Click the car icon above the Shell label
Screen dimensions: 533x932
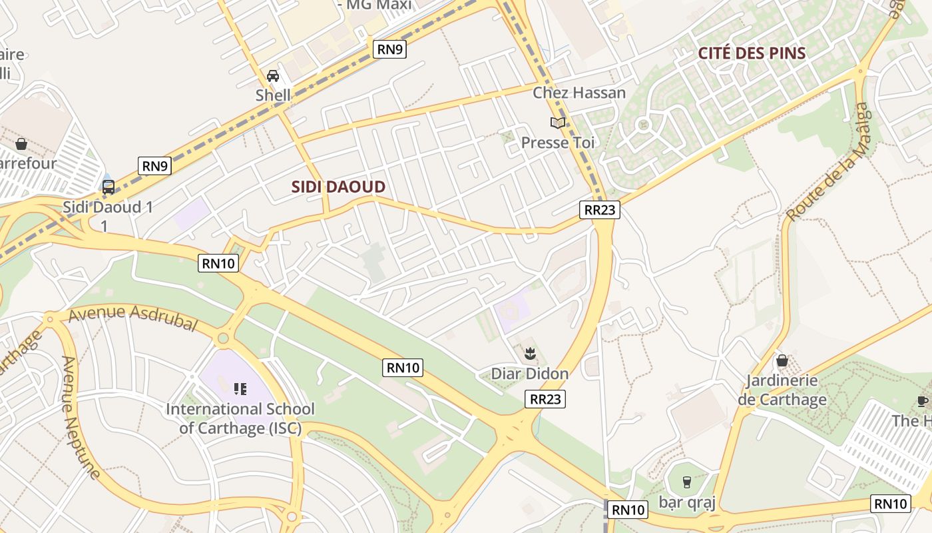coord(273,75)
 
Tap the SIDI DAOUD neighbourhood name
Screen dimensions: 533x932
coord(338,187)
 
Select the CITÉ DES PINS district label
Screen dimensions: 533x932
coord(752,53)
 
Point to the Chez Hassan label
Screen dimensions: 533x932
coord(579,93)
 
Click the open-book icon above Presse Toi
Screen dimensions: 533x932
coord(557,123)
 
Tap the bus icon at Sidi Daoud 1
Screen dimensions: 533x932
coord(108,187)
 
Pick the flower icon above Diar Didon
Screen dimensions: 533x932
coord(530,353)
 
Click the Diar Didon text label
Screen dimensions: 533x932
coord(530,374)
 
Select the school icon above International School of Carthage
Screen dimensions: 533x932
coord(240,388)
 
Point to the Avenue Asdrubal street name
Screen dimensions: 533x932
coord(133,318)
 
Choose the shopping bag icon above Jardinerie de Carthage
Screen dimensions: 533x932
coord(782,360)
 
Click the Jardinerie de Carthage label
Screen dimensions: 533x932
coord(782,390)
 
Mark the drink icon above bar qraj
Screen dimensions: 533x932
coord(686,481)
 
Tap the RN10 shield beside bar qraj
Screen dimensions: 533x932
coord(628,510)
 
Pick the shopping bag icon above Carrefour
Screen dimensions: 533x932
coord(21,144)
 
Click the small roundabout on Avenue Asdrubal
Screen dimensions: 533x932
coord(223,338)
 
